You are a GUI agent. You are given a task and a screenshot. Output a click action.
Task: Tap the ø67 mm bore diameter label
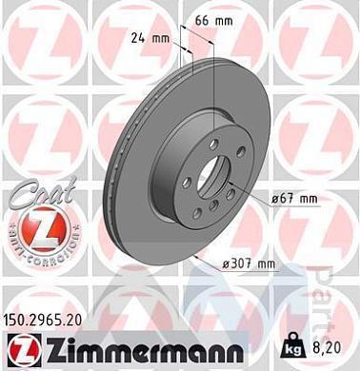293,198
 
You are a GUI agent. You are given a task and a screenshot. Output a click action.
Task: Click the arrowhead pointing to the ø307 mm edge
196,256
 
